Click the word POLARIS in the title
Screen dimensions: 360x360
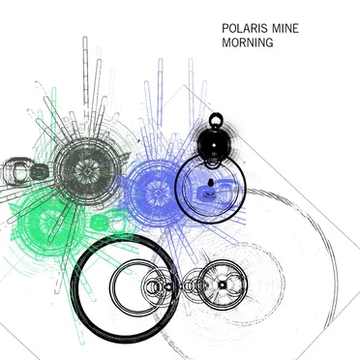click(x=246, y=29)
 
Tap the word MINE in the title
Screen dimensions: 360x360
click(x=285, y=29)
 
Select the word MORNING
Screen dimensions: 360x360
click(x=248, y=43)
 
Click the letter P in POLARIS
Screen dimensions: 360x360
click(x=225, y=29)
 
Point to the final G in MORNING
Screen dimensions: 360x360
click(x=269, y=43)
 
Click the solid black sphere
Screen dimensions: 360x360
click(x=214, y=144)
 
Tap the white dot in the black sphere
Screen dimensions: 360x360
click(x=214, y=146)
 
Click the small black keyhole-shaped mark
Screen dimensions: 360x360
click(x=211, y=183)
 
